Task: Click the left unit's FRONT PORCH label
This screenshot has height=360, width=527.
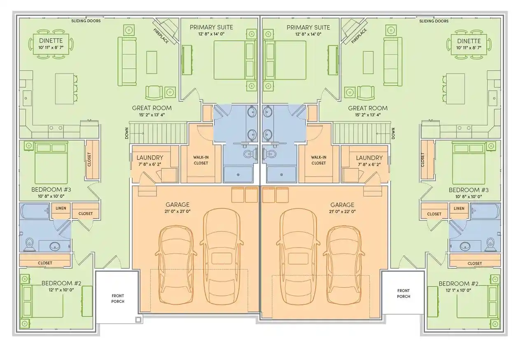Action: click(x=118, y=299)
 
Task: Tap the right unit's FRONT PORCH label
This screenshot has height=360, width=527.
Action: click(x=403, y=293)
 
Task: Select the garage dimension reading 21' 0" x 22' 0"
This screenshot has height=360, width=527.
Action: click(x=342, y=212)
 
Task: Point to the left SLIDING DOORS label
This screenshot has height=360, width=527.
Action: click(x=86, y=21)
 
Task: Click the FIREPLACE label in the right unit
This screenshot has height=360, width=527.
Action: click(x=359, y=36)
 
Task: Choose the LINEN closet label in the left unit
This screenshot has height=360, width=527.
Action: click(x=61, y=208)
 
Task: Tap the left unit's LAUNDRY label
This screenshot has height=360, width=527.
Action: click(x=150, y=157)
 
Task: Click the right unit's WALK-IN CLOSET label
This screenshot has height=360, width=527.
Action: click(x=319, y=160)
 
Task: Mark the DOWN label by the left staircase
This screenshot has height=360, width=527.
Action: click(x=127, y=133)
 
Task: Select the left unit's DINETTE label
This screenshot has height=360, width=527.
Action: click(x=51, y=41)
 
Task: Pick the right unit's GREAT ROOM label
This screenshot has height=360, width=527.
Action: click(x=368, y=108)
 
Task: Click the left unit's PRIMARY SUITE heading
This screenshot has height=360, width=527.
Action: click(x=211, y=27)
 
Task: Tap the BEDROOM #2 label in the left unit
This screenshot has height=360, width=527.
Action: click(x=61, y=283)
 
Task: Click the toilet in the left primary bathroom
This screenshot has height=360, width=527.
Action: click(x=250, y=154)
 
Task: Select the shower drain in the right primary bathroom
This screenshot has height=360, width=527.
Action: click(x=282, y=175)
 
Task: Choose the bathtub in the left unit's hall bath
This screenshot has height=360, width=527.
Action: click(x=35, y=212)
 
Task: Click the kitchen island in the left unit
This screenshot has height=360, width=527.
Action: click(x=65, y=89)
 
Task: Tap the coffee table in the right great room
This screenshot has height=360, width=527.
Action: click(x=368, y=63)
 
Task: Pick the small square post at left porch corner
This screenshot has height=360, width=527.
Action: click(x=138, y=320)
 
